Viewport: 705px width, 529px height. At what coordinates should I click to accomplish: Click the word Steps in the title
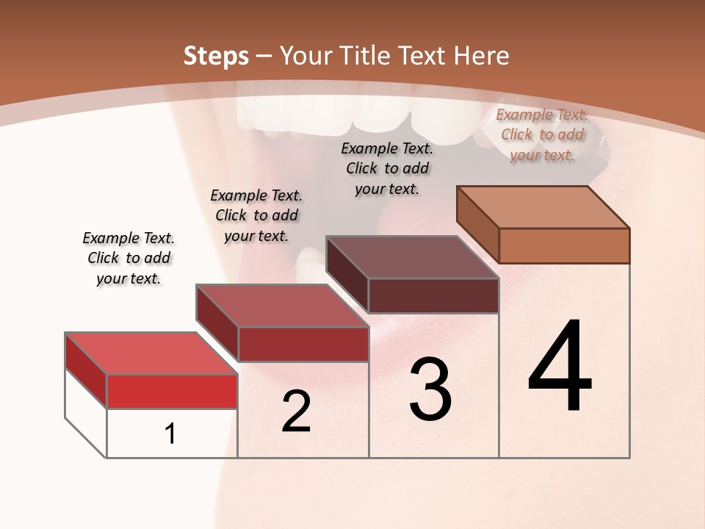[216, 56]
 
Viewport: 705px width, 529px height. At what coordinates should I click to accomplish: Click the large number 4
[560, 367]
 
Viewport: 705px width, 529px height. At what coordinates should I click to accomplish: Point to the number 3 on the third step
[430, 389]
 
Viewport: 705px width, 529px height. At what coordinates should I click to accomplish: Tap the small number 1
[170, 434]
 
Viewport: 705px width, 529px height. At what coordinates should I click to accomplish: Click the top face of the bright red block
[151, 353]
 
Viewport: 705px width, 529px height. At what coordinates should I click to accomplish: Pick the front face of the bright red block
[172, 391]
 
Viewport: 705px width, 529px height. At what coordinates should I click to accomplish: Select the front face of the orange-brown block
[564, 245]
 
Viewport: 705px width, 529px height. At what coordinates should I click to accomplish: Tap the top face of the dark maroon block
[412, 257]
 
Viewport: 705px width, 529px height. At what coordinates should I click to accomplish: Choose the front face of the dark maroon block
[433, 295]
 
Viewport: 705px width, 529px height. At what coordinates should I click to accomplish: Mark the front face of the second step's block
[303, 344]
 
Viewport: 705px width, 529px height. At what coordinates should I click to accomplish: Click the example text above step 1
[129, 258]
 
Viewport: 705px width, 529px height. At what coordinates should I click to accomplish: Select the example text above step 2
[256, 215]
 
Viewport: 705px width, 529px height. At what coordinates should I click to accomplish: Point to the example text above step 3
[387, 168]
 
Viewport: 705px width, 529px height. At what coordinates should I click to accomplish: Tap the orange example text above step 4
[542, 134]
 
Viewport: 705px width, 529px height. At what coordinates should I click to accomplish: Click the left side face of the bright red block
[86, 370]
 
